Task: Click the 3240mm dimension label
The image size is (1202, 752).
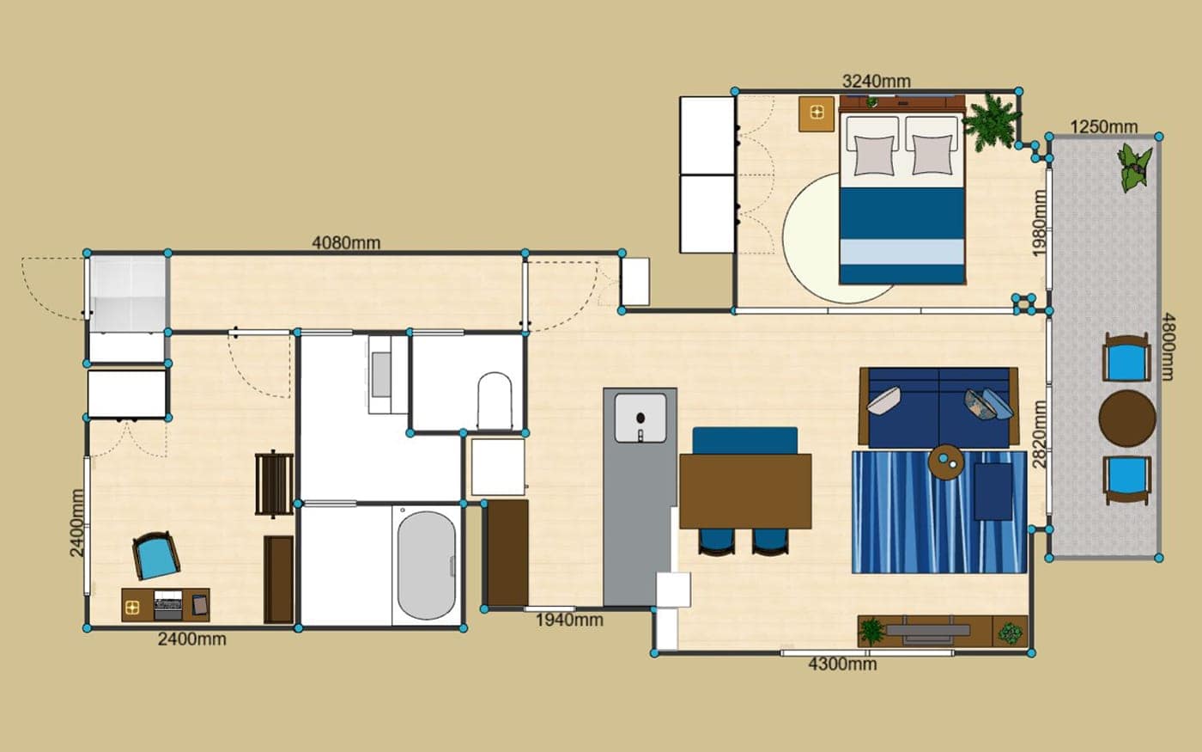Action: tap(877, 81)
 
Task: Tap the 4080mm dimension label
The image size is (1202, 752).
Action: tap(346, 242)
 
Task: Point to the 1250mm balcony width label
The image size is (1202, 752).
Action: tap(1104, 127)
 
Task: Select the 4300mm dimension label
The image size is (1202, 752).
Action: tap(842, 663)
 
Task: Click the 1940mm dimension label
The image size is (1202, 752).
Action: tap(569, 620)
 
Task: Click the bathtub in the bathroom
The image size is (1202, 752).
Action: tap(426, 566)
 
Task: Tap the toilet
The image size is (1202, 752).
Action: tap(495, 400)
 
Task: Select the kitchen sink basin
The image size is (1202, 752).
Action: tap(640, 418)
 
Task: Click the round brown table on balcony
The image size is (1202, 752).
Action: tap(1126, 418)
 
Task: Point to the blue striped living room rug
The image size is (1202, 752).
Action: tap(939, 512)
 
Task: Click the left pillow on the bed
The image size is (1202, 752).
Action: tap(874, 155)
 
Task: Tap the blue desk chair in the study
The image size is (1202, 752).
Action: tap(156, 555)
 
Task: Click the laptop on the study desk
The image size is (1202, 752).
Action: tap(168, 605)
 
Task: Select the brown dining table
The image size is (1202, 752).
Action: tap(745, 491)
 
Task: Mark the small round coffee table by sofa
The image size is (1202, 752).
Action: tap(946, 462)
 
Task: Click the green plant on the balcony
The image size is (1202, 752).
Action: tap(1134, 167)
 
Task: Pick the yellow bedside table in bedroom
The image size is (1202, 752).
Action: tap(817, 113)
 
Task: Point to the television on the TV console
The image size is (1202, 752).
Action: tap(928, 631)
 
